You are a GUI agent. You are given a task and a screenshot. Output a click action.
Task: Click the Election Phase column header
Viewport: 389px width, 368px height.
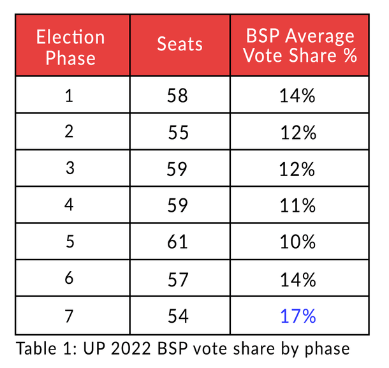[x=70, y=47]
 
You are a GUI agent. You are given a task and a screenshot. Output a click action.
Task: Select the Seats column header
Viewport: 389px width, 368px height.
[x=180, y=45]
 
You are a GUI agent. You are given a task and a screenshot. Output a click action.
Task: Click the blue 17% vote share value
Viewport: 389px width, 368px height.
[x=298, y=315]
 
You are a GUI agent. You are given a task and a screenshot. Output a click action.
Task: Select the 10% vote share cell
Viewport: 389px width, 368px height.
[x=298, y=242]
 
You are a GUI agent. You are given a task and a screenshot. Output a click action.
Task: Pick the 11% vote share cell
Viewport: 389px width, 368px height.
[x=298, y=205]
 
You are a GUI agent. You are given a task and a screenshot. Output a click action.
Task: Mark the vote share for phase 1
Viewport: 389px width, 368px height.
[x=298, y=96]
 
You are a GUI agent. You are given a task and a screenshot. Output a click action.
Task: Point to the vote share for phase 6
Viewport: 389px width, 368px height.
[x=298, y=278]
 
